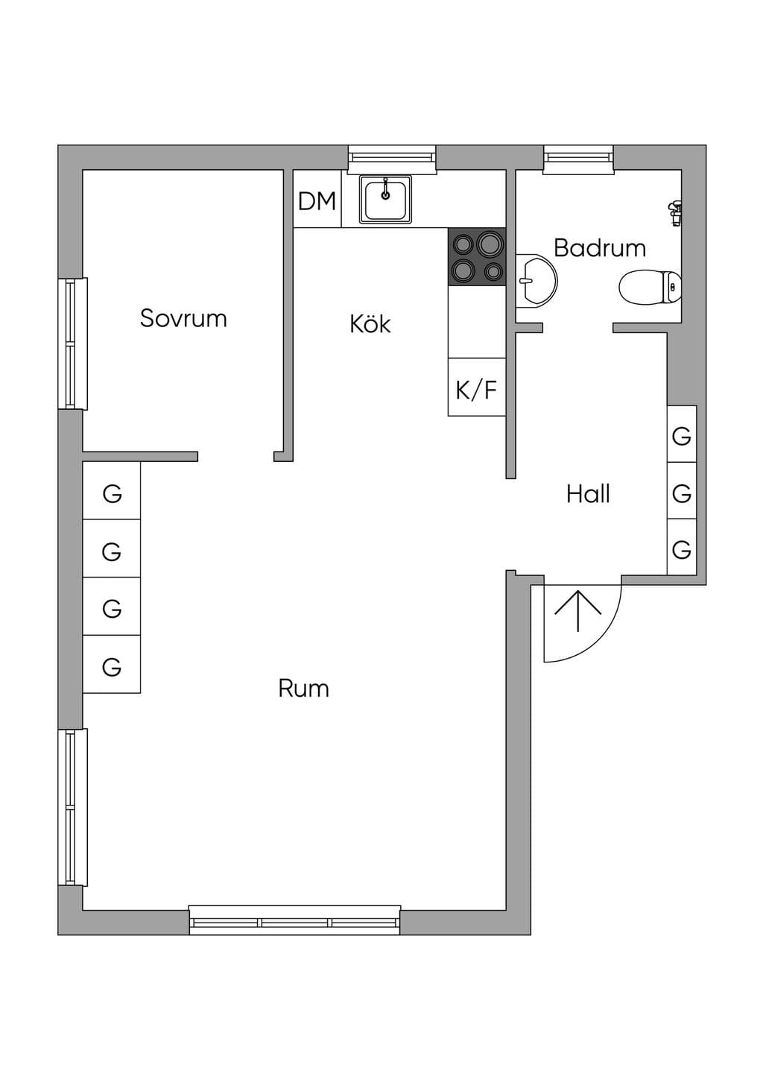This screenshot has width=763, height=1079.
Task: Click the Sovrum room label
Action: coord(183,318)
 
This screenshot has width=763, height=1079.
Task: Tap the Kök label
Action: coord(370,323)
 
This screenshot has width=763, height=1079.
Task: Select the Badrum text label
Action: coord(600,248)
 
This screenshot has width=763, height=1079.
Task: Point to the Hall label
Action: coord(588,494)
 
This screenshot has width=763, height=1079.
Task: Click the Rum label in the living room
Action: coord(303,689)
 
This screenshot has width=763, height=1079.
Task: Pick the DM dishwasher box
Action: coord(317,198)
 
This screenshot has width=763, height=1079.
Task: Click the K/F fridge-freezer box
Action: coord(477,387)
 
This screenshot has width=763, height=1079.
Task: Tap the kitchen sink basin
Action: coord(385,199)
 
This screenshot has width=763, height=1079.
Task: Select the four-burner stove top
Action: coord(477,257)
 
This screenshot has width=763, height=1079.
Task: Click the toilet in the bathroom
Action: coord(650,288)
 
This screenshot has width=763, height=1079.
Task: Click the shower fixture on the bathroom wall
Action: coord(675,212)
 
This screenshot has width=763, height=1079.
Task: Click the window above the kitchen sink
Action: coord(392,159)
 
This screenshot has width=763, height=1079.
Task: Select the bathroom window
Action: coord(578,159)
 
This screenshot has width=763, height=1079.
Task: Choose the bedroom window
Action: coord(73,344)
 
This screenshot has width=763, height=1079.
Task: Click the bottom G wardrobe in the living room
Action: coord(112,664)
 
